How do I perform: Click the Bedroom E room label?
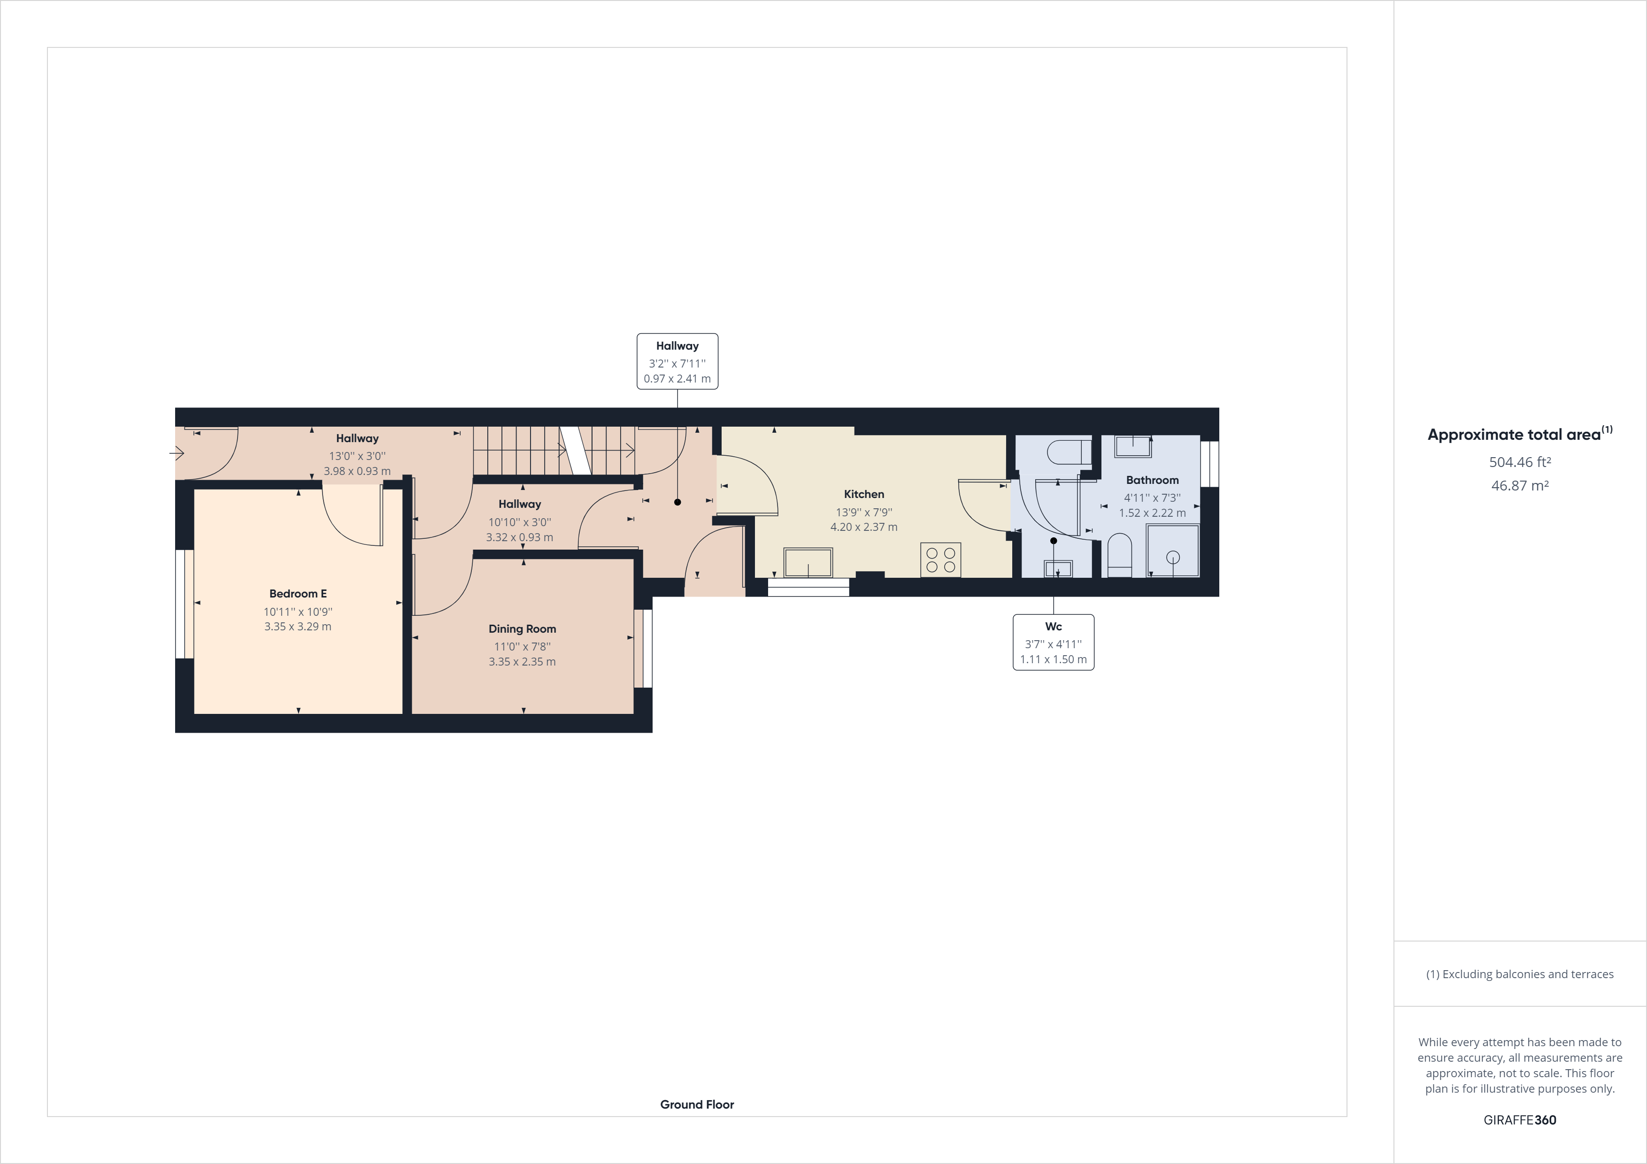(x=298, y=594)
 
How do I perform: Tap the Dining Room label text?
(x=522, y=629)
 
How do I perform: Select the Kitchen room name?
(x=864, y=494)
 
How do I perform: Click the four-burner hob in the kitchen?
(x=940, y=560)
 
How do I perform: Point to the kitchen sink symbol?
(x=808, y=562)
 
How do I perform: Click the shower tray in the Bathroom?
(x=1173, y=551)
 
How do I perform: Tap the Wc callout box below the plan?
(x=1053, y=643)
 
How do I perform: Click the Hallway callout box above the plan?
(x=677, y=361)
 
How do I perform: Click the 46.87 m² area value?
(x=1519, y=485)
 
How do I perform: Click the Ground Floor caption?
(x=697, y=1104)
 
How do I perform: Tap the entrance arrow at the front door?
(x=177, y=453)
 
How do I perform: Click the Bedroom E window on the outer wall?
(x=185, y=604)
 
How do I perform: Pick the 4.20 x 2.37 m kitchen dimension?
(x=864, y=527)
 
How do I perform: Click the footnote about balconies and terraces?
(x=1519, y=974)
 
